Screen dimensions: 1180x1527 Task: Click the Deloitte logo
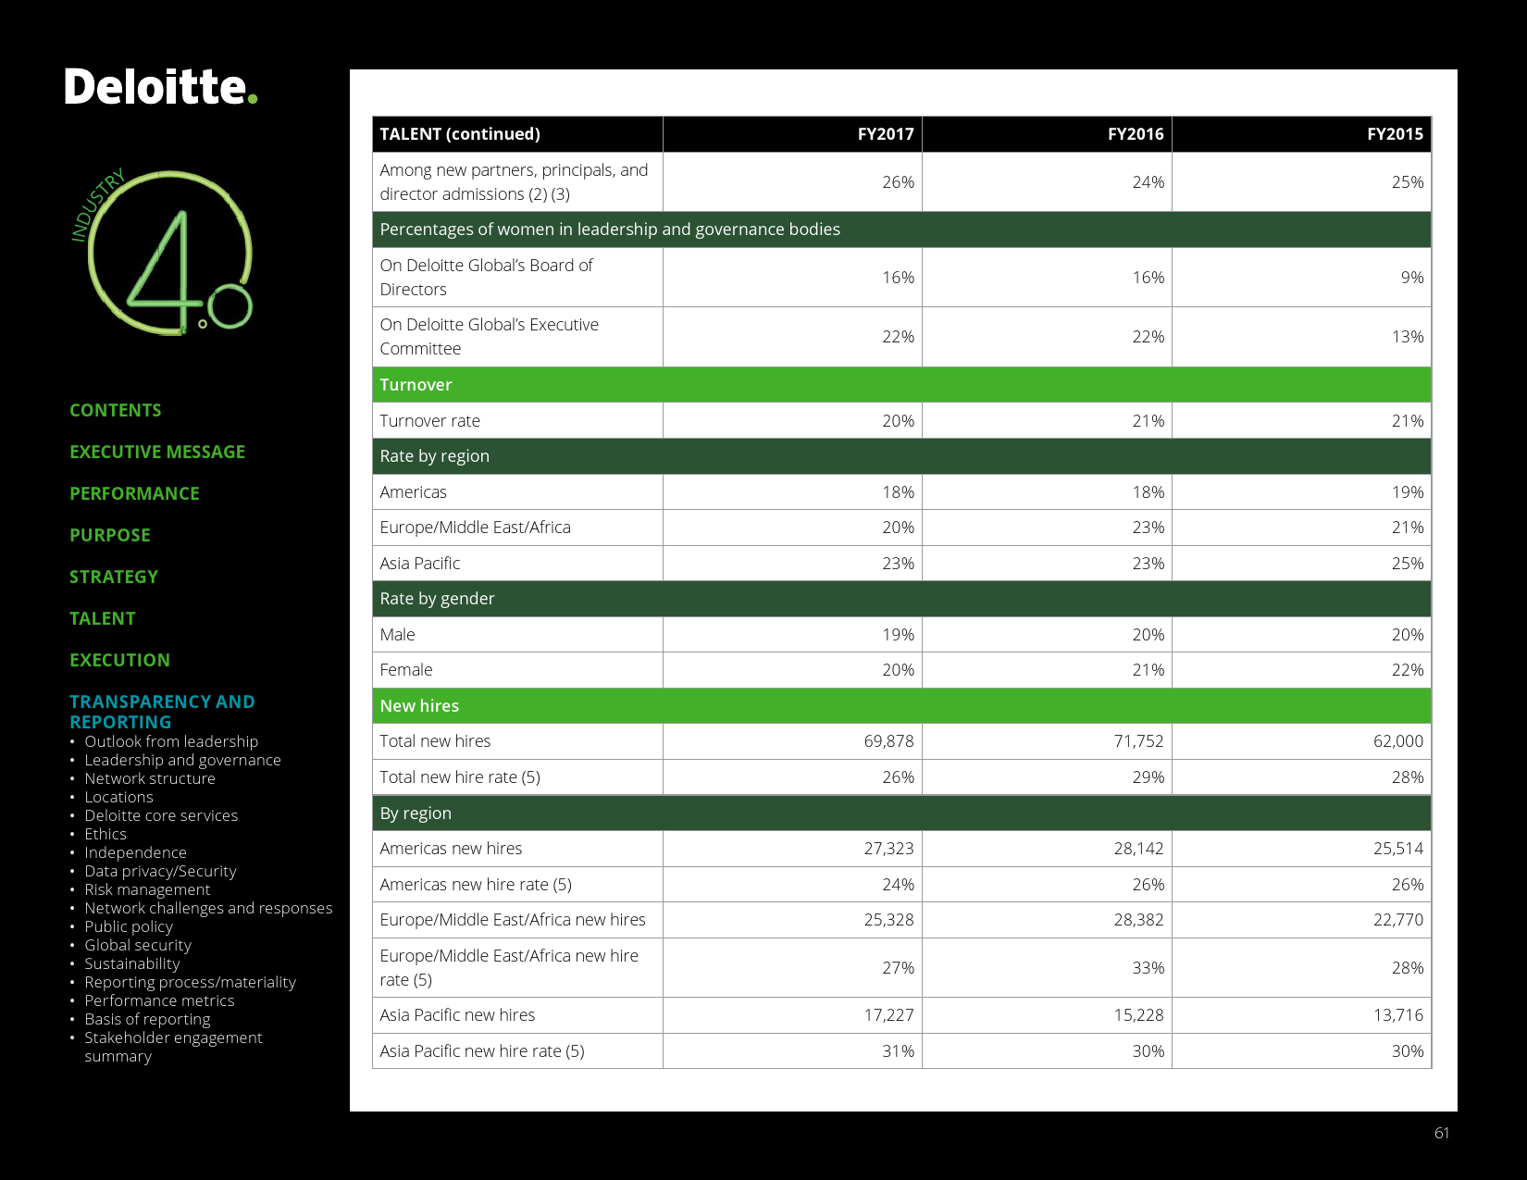click(x=160, y=87)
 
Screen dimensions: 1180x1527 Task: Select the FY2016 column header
click(x=1136, y=134)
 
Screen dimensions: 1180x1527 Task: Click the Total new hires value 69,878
click(x=888, y=741)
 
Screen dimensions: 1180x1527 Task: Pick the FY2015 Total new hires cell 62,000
click(x=1397, y=741)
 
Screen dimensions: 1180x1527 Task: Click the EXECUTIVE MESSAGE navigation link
click(x=157, y=452)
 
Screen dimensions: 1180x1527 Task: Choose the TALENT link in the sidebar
click(x=103, y=618)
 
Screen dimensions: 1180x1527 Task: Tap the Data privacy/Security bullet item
click(x=160, y=871)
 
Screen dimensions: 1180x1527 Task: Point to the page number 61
click(x=1442, y=1133)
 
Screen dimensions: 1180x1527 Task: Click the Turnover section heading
click(x=416, y=385)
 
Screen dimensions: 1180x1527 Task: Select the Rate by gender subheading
click(x=437, y=599)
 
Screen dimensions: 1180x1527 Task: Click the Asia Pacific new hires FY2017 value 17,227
click(x=888, y=1015)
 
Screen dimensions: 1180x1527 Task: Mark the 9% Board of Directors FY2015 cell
click(x=1411, y=278)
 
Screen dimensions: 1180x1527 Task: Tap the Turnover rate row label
click(x=429, y=421)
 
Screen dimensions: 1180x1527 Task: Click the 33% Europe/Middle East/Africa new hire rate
click(x=1148, y=968)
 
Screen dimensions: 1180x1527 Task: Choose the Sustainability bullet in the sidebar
click(x=132, y=963)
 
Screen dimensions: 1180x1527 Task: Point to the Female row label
click(x=405, y=670)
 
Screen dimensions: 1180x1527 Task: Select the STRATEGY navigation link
click(x=114, y=577)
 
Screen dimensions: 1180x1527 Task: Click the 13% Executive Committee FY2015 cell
click(x=1407, y=337)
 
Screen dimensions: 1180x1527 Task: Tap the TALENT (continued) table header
click(x=460, y=134)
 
